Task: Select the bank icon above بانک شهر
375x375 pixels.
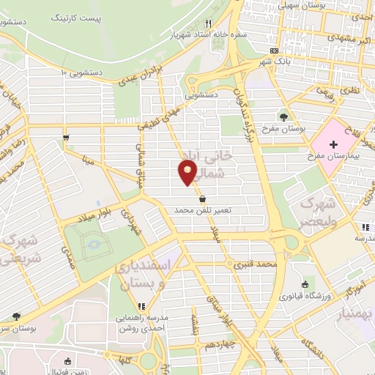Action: [275, 50]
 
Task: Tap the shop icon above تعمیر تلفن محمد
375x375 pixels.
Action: [202, 198]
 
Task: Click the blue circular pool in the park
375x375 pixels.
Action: [94, 245]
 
